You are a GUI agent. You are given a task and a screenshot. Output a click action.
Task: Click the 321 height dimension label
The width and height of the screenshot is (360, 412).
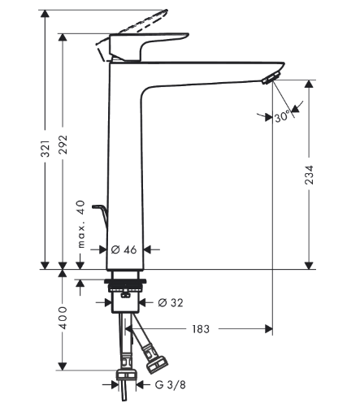46,148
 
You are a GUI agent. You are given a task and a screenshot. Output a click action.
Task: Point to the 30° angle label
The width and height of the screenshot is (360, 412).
283,117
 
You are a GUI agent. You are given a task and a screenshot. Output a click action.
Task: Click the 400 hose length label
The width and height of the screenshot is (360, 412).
65,317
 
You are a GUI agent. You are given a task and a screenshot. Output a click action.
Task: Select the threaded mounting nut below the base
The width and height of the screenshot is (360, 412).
126,286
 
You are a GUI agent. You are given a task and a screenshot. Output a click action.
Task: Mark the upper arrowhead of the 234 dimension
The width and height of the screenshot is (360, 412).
309,85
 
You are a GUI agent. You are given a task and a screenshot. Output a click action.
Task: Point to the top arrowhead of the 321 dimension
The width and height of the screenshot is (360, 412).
46,12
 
